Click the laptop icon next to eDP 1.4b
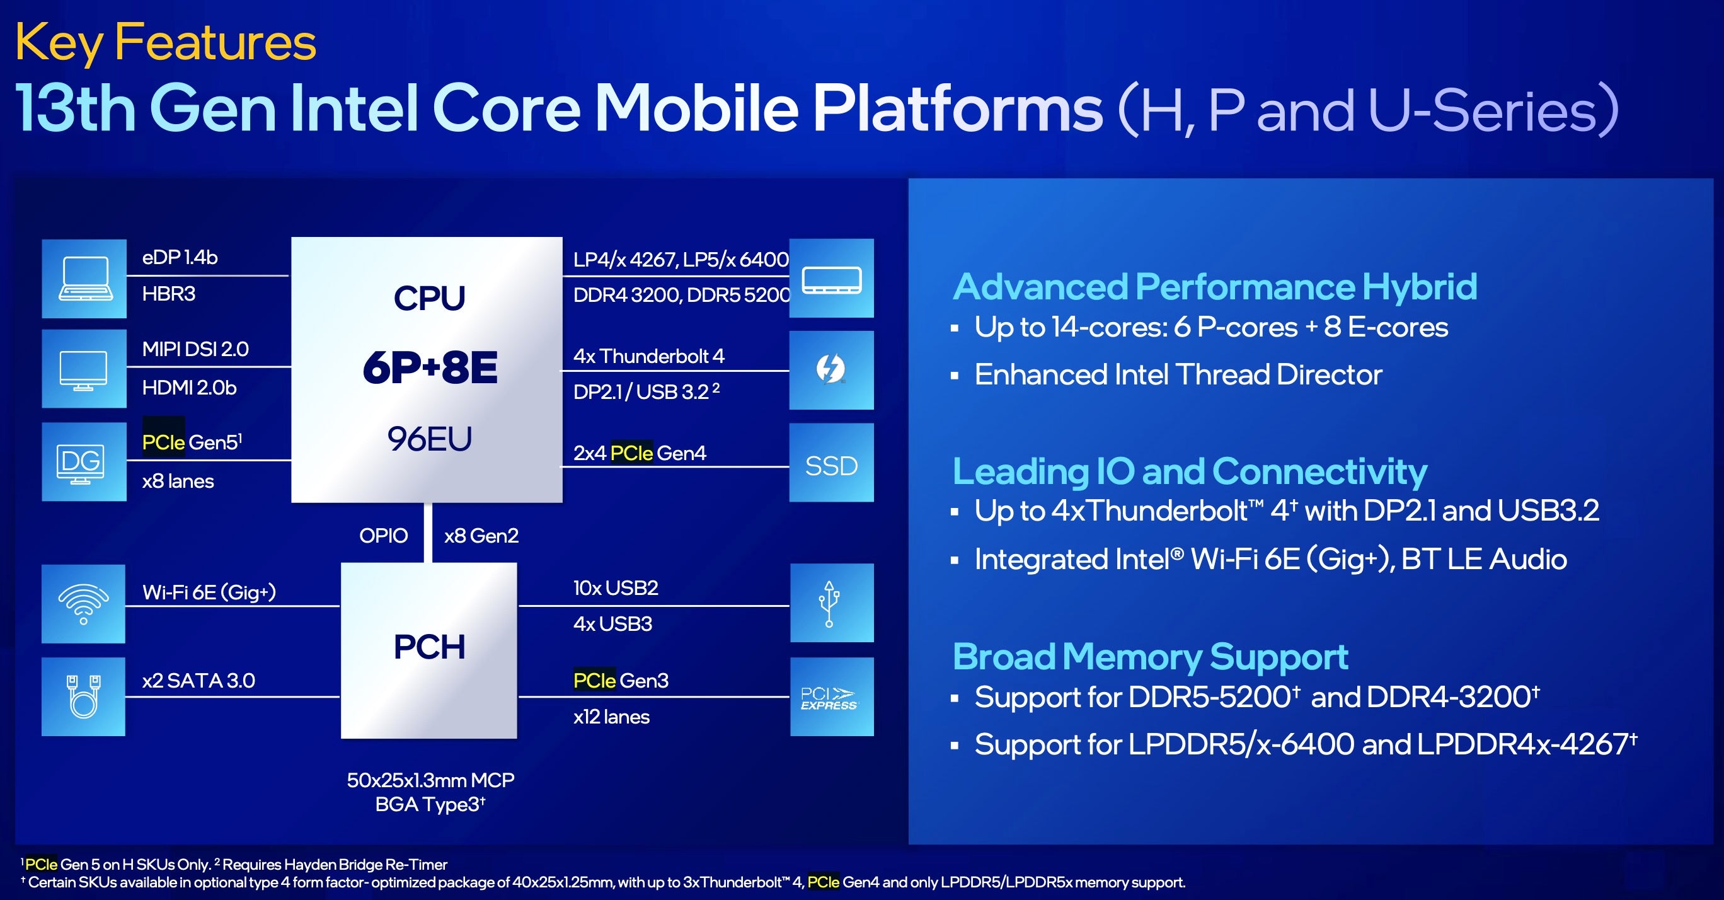point(84,279)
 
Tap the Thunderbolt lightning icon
point(831,369)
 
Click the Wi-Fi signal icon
point(84,603)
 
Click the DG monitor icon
point(81,463)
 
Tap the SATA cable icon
point(84,696)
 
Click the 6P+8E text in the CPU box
point(430,367)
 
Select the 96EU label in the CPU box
point(430,439)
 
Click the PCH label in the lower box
point(429,647)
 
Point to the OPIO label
point(383,536)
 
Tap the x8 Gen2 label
point(481,536)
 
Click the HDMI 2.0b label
point(189,388)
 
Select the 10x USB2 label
point(616,588)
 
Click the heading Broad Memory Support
point(1150,656)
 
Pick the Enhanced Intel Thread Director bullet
point(1178,374)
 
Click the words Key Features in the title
point(165,42)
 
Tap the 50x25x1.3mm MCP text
point(430,780)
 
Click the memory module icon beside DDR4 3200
point(831,279)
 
